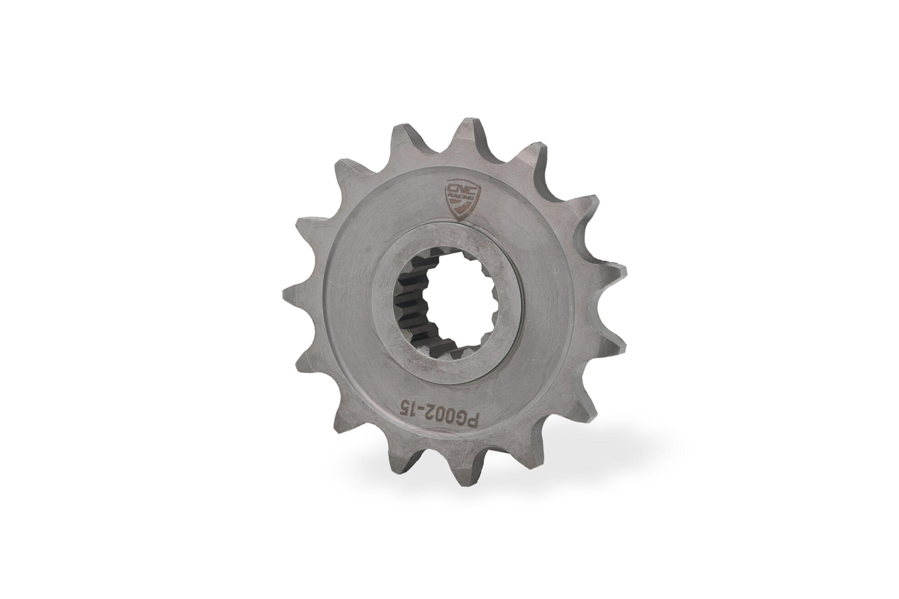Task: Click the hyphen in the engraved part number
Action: tap(403, 404)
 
